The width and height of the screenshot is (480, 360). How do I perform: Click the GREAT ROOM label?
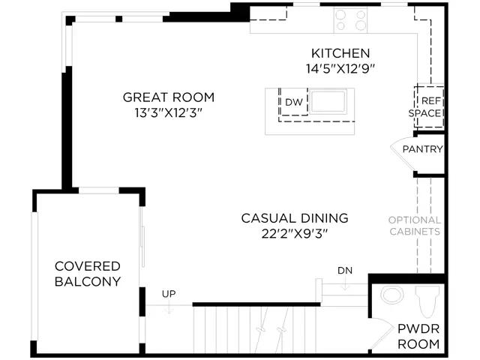point(168,97)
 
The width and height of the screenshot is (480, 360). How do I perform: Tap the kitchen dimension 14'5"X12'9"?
point(340,68)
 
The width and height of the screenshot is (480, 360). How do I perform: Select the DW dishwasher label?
point(293,102)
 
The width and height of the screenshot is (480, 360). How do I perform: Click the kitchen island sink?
point(328,101)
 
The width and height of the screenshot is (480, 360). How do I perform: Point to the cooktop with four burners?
point(350,20)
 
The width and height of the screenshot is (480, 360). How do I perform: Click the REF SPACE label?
point(425,106)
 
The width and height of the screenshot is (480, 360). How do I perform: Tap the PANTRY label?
point(422,149)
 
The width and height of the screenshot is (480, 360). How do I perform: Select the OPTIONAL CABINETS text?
point(415,226)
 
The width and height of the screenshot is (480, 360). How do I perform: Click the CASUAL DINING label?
point(295,218)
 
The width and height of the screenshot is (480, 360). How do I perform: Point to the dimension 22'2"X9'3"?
point(295,234)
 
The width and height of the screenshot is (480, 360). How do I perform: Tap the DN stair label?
point(345,271)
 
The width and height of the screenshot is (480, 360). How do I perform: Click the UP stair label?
point(169,294)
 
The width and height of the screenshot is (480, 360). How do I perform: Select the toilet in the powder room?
point(427,301)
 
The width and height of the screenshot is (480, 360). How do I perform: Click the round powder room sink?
point(391,295)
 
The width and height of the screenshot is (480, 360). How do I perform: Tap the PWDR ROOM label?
point(418,337)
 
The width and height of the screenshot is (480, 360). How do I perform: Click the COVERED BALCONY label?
point(88,274)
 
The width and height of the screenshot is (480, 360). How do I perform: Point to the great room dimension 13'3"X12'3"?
point(168,113)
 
